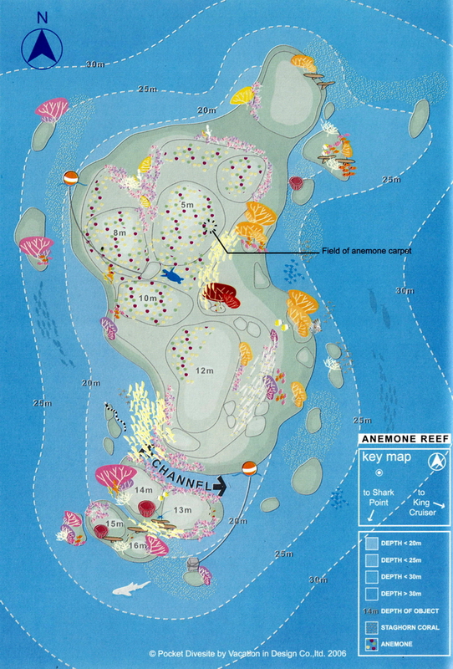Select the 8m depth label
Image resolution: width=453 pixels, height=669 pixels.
[x=120, y=232]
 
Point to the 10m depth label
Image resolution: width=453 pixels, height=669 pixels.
[x=148, y=298]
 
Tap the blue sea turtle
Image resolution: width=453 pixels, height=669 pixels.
[x=173, y=273]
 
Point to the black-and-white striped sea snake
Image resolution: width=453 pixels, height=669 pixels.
[x=117, y=416]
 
